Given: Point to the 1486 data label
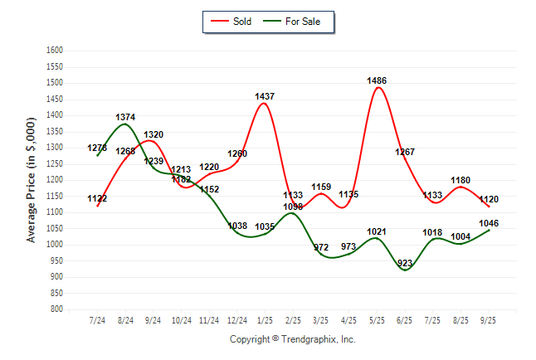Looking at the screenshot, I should coord(378,80).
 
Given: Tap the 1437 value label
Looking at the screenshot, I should coord(266,97).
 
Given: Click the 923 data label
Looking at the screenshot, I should coord(406,263).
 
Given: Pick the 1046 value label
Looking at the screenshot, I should coord(490,224).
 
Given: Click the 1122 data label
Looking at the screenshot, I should coord(97,199).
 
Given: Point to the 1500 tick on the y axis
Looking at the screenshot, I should coord(55,83).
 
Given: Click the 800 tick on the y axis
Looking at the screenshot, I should coord(57,309).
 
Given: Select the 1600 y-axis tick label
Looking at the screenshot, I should coord(55,51).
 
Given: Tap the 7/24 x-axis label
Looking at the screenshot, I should coord(98,319).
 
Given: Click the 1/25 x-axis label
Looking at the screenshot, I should coord(266,319).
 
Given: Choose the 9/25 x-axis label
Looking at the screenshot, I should coord(490,319).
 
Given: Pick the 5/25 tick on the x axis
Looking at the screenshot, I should coord(378,319).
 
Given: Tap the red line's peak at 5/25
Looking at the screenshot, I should coord(378,87).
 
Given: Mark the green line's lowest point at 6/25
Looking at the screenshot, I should coord(406,270).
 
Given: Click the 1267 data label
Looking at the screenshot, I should coord(406,152).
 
